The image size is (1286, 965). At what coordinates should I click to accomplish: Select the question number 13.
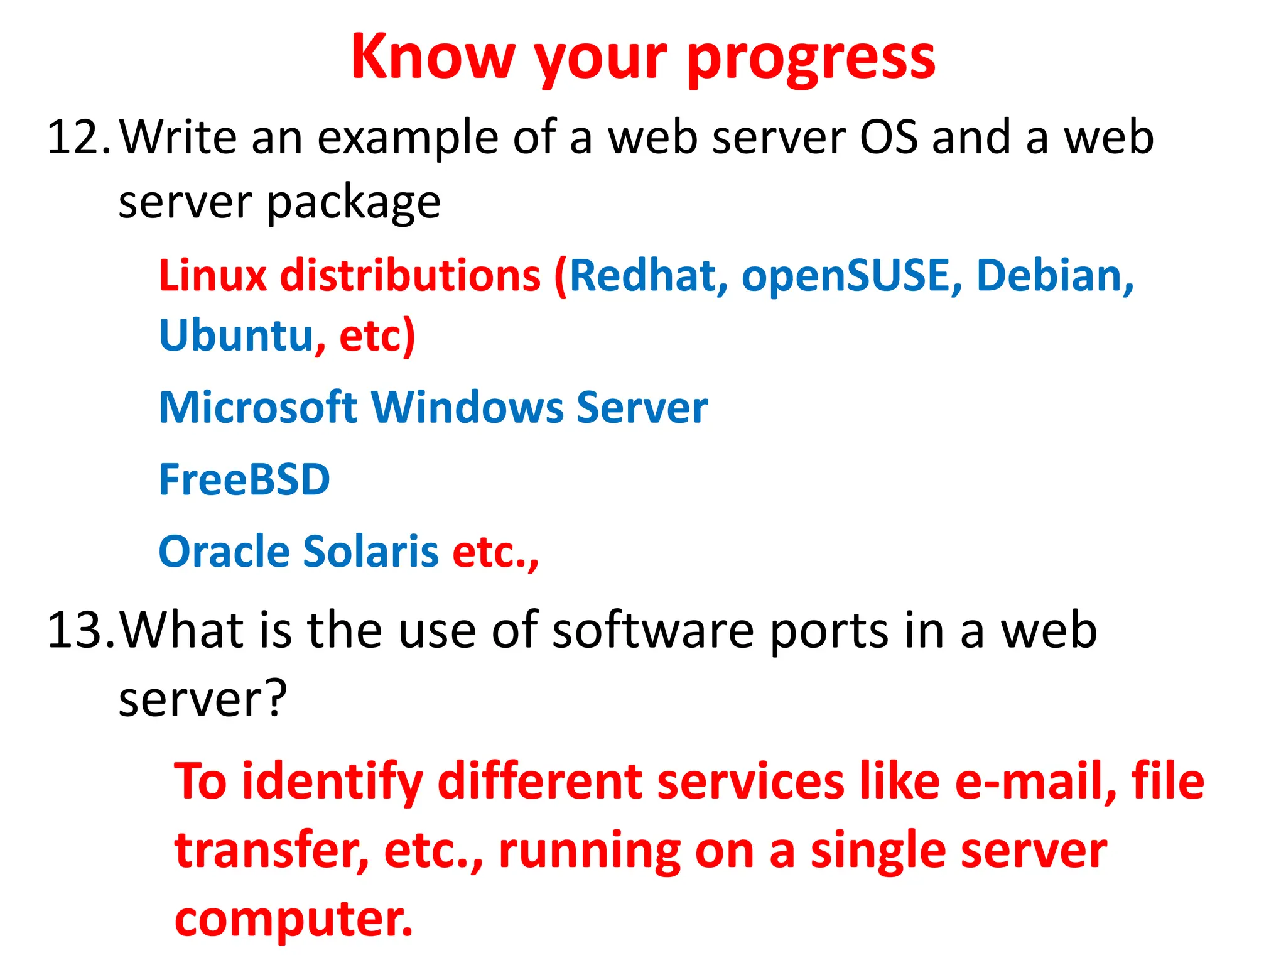80,630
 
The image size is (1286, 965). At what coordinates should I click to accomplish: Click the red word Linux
213,275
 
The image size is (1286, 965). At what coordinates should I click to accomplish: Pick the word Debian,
1055,275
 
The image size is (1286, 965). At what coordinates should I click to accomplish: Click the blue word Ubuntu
236,335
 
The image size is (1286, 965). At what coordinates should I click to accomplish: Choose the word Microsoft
258,408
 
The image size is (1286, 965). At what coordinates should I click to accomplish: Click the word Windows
467,408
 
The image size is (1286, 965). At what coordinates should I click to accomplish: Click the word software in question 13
652,630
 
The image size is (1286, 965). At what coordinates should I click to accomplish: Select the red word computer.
293,919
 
